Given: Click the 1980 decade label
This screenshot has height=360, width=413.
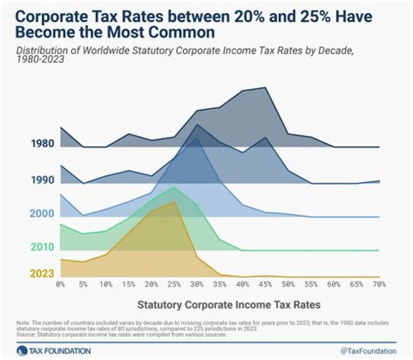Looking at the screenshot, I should coord(42,144).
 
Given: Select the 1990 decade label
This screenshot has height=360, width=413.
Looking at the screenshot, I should coord(42,180).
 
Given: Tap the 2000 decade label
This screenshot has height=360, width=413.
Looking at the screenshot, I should coord(42,214).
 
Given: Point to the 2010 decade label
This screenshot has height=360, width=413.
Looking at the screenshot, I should coord(42,247).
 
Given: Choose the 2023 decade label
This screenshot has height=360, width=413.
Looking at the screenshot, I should coord(42,274).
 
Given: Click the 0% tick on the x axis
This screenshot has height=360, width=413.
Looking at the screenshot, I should coord(60,284).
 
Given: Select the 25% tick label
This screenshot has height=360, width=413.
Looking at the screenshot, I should coord(174,284).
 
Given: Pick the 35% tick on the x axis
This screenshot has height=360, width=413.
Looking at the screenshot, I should coord(219,284).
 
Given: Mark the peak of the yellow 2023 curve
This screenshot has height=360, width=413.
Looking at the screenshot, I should coord(173,202).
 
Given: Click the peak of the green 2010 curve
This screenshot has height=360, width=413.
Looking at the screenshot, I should coord(174,187).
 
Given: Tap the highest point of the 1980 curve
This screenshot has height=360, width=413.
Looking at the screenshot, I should coord(265,88).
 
